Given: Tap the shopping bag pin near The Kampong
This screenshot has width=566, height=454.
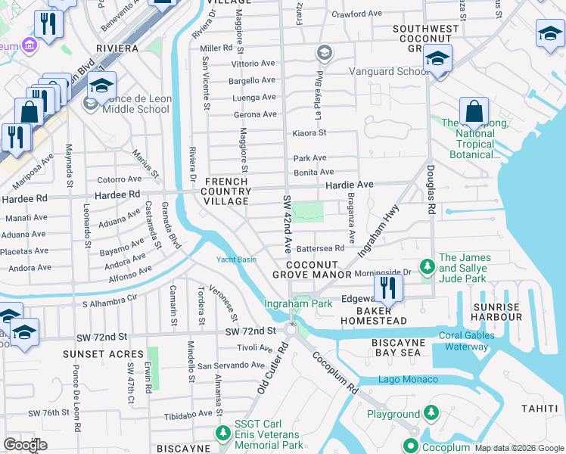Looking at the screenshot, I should pyautogui.click(x=473, y=112).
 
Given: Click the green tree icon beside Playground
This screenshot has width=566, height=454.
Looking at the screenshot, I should pyautogui.click(x=431, y=413).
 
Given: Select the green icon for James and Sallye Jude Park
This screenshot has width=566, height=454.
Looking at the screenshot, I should pyautogui.click(x=427, y=266).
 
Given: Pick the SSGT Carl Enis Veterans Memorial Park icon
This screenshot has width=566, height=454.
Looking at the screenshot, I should pyautogui.click(x=222, y=433).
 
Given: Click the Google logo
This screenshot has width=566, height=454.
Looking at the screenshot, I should pyautogui.click(x=26, y=445).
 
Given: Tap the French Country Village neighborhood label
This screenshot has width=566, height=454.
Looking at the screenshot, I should pyautogui.click(x=227, y=191).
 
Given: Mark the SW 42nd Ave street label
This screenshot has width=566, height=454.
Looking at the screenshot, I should pyautogui.click(x=288, y=224).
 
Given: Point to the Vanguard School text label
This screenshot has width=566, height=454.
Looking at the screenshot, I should pyautogui.click(x=388, y=72).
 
